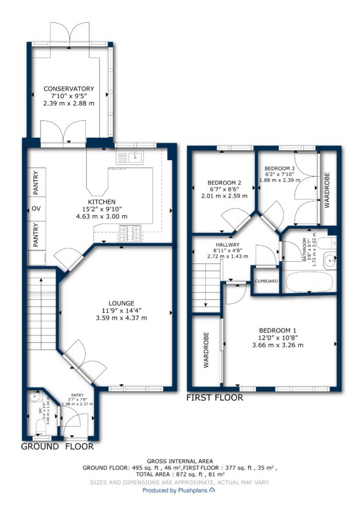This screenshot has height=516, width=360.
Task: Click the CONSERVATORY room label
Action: pyautogui.click(x=69, y=89)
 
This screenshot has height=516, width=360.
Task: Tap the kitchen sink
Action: pyautogui.click(x=130, y=158)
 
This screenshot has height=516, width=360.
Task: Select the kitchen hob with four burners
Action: pyautogui.click(x=130, y=233)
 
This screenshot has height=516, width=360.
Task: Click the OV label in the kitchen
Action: pyautogui.click(x=36, y=209)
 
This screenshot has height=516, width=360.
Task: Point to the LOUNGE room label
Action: pyautogui.click(x=122, y=303)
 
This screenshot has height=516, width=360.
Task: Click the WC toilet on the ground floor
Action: pyautogui.click(x=41, y=427)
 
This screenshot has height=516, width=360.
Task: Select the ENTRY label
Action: pyautogui.click(x=77, y=395)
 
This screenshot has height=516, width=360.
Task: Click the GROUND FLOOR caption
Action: pyautogui.click(x=57, y=447)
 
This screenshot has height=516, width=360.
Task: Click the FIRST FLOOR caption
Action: pyautogui.click(x=214, y=398)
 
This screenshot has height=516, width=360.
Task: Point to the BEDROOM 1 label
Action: pyautogui.click(x=275, y=331)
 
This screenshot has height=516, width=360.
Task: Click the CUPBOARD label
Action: pyautogui.click(x=266, y=282)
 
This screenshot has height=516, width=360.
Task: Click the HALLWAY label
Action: pyautogui.click(x=228, y=245)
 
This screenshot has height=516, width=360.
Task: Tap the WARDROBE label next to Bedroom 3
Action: pyautogui.click(x=327, y=190)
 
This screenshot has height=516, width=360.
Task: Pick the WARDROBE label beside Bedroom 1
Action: pyautogui.click(x=206, y=350)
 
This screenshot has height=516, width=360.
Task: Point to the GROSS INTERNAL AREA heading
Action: pyautogui.click(x=179, y=462)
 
